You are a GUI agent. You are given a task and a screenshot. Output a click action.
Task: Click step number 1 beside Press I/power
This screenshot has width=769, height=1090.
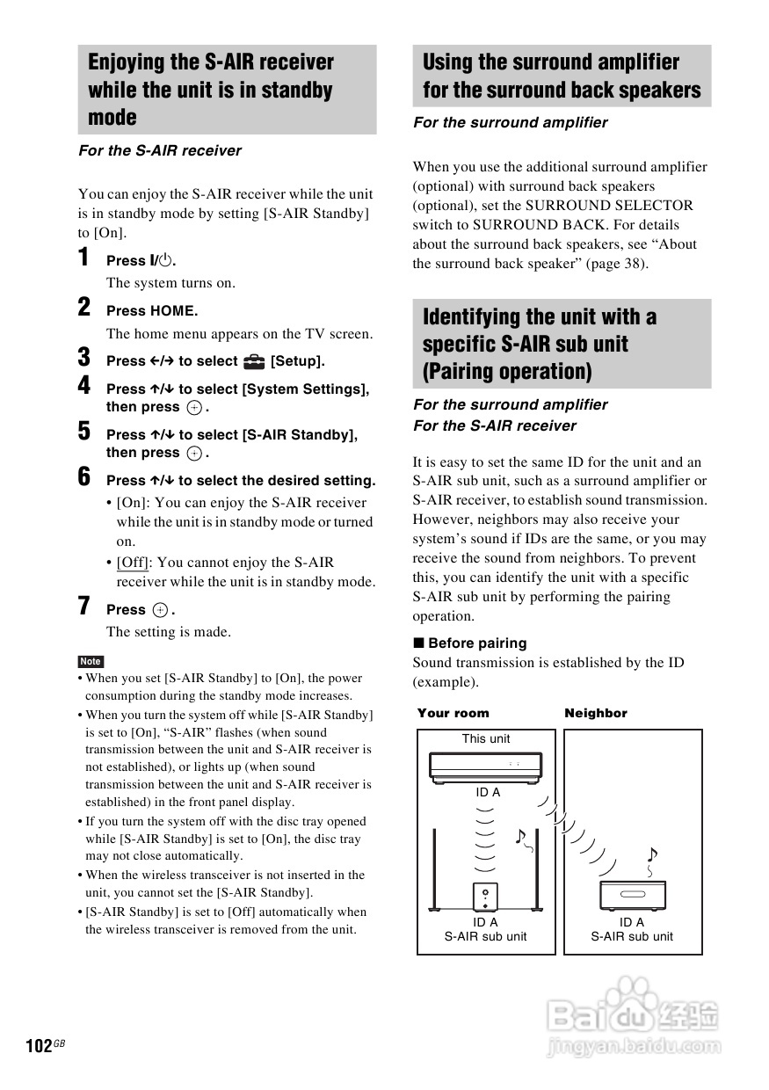pos(84,258)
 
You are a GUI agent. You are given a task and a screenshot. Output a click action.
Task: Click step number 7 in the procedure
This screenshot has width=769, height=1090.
pos(84,606)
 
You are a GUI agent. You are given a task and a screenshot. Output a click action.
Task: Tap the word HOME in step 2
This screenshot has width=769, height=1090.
pos(174,311)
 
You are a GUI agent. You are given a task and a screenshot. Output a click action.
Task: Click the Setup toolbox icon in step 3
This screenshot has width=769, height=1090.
pos(254,361)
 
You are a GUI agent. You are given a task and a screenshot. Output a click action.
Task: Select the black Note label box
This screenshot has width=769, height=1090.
pos(91,661)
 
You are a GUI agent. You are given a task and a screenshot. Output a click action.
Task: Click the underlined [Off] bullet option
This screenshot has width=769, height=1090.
pos(133,563)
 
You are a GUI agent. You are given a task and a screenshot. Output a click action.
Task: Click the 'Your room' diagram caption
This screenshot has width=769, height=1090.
pos(453,713)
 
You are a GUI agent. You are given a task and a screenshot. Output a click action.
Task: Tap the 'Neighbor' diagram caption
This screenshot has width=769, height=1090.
pos(596,713)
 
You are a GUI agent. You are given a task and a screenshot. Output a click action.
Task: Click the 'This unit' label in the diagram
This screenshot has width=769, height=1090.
pos(486,738)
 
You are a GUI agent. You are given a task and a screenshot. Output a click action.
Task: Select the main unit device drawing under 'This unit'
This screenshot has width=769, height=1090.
pos(486,766)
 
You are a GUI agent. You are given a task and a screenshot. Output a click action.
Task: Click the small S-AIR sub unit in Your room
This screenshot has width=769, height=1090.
pos(485,897)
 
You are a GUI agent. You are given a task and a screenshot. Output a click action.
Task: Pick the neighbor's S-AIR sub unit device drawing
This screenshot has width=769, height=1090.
pos(632,895)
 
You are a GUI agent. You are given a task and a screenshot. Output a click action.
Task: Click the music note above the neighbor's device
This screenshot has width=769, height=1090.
pos(651,854)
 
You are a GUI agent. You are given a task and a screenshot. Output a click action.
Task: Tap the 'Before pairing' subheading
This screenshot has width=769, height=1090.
pos(477,643)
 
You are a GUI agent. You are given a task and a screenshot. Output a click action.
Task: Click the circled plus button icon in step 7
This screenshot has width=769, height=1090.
pos(160,610)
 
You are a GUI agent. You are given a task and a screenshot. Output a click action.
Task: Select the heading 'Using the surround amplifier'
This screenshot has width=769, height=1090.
pos(551,62)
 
